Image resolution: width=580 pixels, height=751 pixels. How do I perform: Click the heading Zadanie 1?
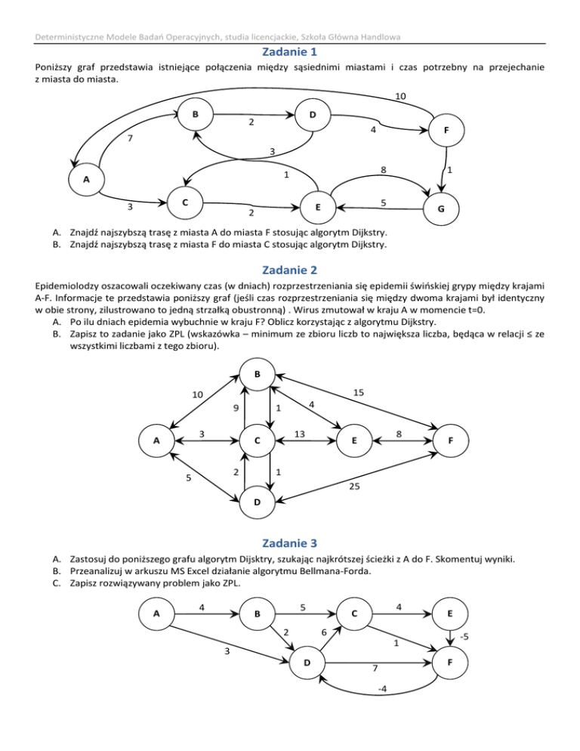(x=290, y=52)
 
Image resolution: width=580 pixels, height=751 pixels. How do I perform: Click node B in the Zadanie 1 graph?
(x=195, y=116)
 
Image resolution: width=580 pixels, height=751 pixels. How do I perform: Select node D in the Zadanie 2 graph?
(x=258, y=502)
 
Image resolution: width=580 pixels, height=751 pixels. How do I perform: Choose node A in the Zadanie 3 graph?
(x=156, y=613)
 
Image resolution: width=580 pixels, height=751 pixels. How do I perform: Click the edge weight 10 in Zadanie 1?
(x=402, y=97)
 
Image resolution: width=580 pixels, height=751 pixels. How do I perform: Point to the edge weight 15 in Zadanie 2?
(x=359, y=393)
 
